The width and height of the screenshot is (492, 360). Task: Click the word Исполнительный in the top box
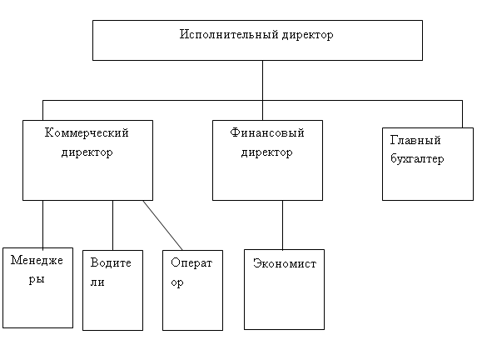pos(229,34)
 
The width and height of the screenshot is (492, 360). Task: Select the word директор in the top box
pos(307,35)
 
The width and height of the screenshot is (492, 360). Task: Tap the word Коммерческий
pos(87,132)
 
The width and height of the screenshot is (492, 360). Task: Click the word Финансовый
pos(267,132)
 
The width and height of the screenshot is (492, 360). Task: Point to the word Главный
pos(415,140)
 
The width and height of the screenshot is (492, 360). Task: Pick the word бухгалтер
pos(417,158)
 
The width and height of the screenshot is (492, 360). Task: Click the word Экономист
pos(285,263)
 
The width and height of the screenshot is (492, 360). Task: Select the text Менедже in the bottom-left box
pos(37,260)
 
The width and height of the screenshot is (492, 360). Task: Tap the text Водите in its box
pos(111,262)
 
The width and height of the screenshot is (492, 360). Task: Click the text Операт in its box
pos(191,262)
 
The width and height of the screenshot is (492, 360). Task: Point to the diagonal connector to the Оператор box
pos(162,225)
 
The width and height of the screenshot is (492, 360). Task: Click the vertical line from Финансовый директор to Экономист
pos(282,225)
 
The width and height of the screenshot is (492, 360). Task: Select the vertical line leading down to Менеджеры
pos(43,224)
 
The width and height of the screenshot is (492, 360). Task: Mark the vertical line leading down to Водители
pos(113,225)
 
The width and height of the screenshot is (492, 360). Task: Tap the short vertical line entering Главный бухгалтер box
pos(462,114)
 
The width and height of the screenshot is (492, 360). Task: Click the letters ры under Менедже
pos(37,279)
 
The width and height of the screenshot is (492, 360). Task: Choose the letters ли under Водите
pos(97,282)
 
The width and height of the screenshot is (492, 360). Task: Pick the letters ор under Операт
pos(177,282)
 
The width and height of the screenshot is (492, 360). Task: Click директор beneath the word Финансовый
pos(267,152)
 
